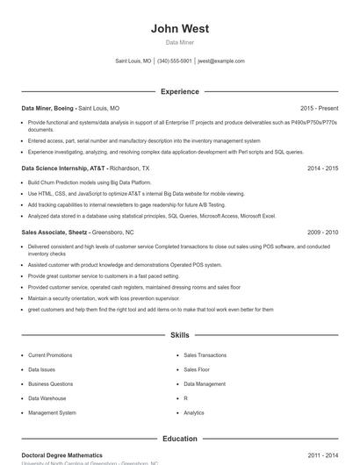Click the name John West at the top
pos(179,29)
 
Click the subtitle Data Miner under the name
pos(179,42)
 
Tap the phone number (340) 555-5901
pos(174,61)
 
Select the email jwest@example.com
pos(220,61)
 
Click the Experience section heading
pos(179,91)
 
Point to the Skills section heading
pos(179,335)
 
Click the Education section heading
pos(179,439)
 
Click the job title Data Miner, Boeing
pos(48,108)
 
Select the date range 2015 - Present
pos(319,108)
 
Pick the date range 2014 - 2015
pos(322,168)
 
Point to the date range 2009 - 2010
pos(322,232)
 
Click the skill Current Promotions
pos(50,355)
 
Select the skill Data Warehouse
pos(47,398)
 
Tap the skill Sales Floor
pos(197,369)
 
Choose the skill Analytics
pos(194,412)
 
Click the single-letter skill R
pos(185,398)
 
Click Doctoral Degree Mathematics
pos(61,455)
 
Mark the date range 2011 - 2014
pos(322,455)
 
